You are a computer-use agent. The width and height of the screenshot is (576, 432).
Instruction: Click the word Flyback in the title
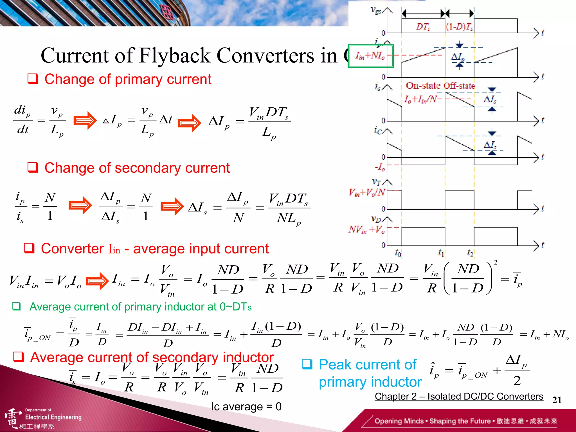pyautogui.click(x=175, y=55)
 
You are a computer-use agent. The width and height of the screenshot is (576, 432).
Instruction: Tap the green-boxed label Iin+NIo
pyautogui.click(x=370, y=56)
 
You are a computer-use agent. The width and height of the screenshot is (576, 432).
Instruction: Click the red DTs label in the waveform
pyautogui.click(x=423, y=27)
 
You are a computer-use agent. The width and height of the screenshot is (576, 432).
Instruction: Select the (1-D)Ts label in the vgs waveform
pyautogui.click(x=459, y=27)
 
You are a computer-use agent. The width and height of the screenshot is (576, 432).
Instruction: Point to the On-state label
pyautogui.click(x=423, y=85)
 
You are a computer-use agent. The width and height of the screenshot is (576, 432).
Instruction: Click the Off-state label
pyautogui.click(x=458, y=85)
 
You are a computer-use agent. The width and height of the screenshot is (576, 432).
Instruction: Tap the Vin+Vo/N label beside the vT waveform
pyautogui.click(x=367, y=192)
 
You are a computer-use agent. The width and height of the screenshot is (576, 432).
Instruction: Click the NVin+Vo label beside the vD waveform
pyautogui.click(x=366, y=229)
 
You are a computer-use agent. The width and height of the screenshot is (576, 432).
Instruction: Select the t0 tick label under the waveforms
pyautogui.click(x=398, y=253)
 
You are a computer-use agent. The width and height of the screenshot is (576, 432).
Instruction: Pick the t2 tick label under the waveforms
pyautogui.click(x=470, y=253)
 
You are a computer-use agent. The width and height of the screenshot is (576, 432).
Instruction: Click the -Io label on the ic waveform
pyautogui.click(x=380, y=167)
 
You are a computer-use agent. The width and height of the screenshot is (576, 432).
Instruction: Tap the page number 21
pyautogui.click(x=557, y=400)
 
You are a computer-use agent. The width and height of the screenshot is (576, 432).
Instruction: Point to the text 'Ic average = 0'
pyautogui.click(x=246, y=407)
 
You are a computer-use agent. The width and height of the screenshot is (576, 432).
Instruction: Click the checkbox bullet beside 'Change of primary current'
pyautogui.click(x=33, y=79)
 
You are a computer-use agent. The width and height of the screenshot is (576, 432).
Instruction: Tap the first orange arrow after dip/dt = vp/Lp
pyautogui.click(x=85, y=120)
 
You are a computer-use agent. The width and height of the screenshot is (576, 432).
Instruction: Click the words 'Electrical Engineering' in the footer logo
pyautogui.click(x=53, y=417)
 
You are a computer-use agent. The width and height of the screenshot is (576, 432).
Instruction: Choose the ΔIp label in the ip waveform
pyautogui.click(x=458, y=57)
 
